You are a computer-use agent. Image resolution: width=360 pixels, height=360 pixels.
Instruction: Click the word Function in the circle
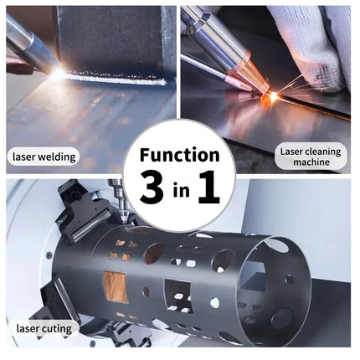pos(180,155)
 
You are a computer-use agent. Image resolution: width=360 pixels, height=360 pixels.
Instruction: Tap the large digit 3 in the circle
pos(152,189)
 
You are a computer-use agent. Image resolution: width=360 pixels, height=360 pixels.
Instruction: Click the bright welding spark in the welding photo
pos(57,74)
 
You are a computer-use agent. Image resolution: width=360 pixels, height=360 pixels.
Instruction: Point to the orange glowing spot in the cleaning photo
pos(272,97)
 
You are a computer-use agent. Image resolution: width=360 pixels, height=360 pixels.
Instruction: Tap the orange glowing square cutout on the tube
pos(116,285)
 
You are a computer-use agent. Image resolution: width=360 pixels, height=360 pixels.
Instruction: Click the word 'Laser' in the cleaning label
pos(291,151)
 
